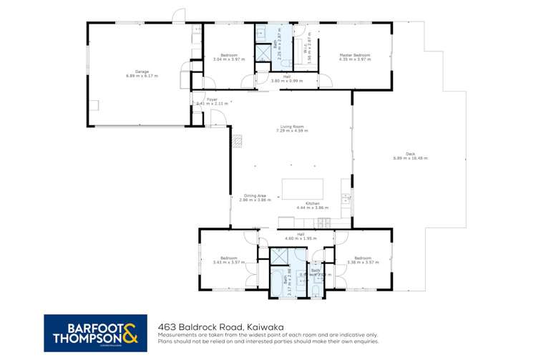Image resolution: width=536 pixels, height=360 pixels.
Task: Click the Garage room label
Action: pos(132,71)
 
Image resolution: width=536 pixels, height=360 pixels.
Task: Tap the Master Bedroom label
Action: pos(354,55)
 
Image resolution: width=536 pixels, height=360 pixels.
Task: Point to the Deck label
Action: pos(409,152)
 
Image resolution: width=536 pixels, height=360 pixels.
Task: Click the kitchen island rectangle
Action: pos(303,189)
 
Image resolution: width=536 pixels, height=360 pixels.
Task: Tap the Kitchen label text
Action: pos(313,203)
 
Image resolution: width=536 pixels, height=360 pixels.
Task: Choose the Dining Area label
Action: pos(255,195)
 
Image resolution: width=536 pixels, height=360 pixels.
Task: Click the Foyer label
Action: pos(212,99)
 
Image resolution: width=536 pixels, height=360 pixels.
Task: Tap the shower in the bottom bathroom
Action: pos(278,256)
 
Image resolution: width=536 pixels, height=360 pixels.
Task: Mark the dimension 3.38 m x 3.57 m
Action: pos(361,262)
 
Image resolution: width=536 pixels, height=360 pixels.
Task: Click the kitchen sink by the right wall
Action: pos(345,198)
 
